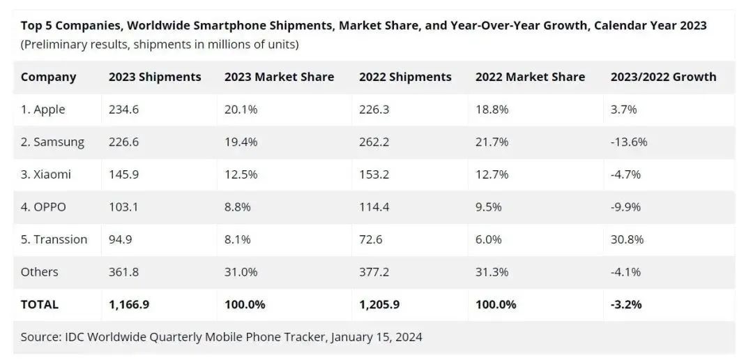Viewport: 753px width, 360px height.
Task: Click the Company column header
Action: pos(48,77)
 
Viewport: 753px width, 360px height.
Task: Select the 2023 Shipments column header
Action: pos(155,77)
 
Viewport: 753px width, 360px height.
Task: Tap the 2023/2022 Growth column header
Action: pos(663,77)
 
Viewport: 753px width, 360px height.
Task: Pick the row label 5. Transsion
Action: pos(54,239)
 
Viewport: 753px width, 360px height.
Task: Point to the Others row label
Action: pos(40,271)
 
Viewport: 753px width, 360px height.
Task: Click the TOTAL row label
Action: pos(40,304)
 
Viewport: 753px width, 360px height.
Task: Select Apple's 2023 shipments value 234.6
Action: pos(124,110)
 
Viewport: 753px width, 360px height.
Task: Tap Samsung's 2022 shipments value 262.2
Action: pos(374,142)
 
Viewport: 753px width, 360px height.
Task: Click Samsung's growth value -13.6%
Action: pos(628,142)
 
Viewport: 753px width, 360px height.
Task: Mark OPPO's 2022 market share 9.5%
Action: pos(489,207)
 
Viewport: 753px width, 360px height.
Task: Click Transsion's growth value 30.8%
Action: pos(627,239)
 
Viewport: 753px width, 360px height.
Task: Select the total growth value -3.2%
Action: pos(626,304)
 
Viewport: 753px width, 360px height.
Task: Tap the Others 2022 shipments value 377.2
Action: pos(374,271)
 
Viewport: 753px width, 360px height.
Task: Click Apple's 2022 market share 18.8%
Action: pos(492,110)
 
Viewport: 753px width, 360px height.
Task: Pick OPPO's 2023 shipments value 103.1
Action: pos(123,207)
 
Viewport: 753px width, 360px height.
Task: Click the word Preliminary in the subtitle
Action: pos(54,45)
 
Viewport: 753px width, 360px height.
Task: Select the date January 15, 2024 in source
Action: pos(376,337)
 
